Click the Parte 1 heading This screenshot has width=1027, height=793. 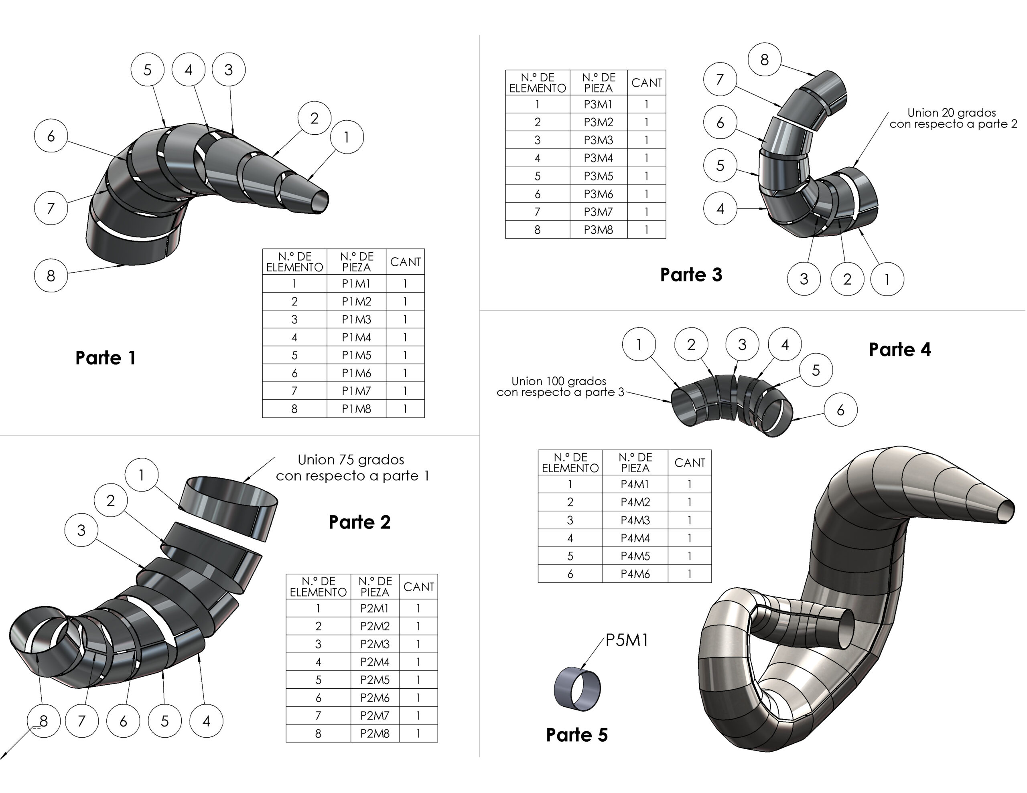pyautogui.click(x=106, y=358)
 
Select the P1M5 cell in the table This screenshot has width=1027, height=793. pyautogui.click(x=356, y=355)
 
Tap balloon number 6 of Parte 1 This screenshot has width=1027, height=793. pyautogui.click(x=51, y=136)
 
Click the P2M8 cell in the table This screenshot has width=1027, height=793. pyautogui.click(x=375, y=733)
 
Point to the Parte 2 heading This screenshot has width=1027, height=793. pyautogui.click(x=359, y=522)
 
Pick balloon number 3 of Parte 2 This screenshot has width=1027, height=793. pyautogui.click(x=81, y=530)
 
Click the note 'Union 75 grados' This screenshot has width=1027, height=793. pyautogui.click(x=351, y=460)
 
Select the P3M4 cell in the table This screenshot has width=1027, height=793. pyautogui.click(x=598, y=158)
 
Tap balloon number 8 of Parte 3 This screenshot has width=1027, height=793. pyautogui.click(x=764, y=60)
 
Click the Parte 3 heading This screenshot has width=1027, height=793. pyautogui.click(x=691, y=275)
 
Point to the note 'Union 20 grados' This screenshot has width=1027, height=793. pyautogui.click(x=951, y=113)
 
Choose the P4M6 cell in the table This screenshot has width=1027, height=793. pyautogui.click(x=635, y=574)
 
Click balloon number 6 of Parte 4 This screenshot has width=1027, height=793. pyautogui.click(x=840, y=410)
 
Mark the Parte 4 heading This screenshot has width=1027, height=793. pyautogui.click(x=899, y=350)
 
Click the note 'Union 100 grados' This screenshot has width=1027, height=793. pyautogui.click(x=559, y=381)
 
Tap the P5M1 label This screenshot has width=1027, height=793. pyautogui.click(x=626, y=640)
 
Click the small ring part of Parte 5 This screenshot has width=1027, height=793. pyautogui.click(x=577, y=689)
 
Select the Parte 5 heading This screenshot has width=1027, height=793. pyautogui.click(x=576, y=735)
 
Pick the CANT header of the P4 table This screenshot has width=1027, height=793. pyautogui.click(x=689, y=463)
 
